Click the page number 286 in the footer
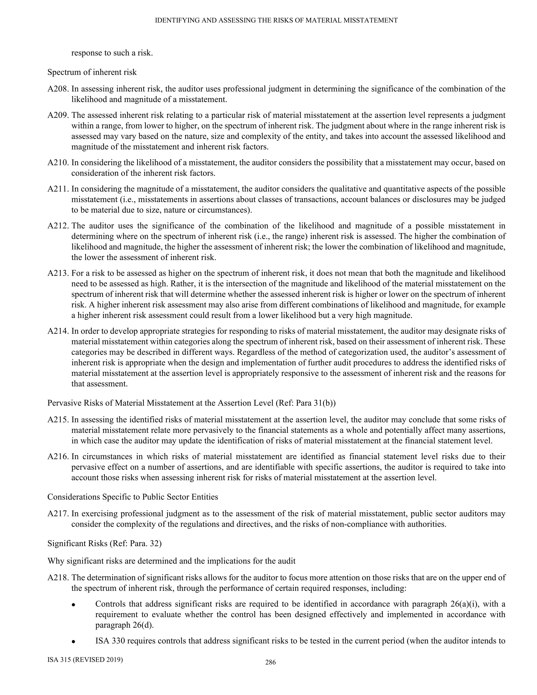pos(270,662)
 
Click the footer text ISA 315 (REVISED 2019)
pos(85,660)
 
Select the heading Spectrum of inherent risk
pos(92,72)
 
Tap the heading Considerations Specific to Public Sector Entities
pos(133,497)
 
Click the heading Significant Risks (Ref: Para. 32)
pos(104,543)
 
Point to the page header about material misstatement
pos(276,20)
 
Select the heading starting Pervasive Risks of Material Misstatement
pos(191,403)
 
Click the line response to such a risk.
pos(112,53)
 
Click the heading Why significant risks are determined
pos(171,561)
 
